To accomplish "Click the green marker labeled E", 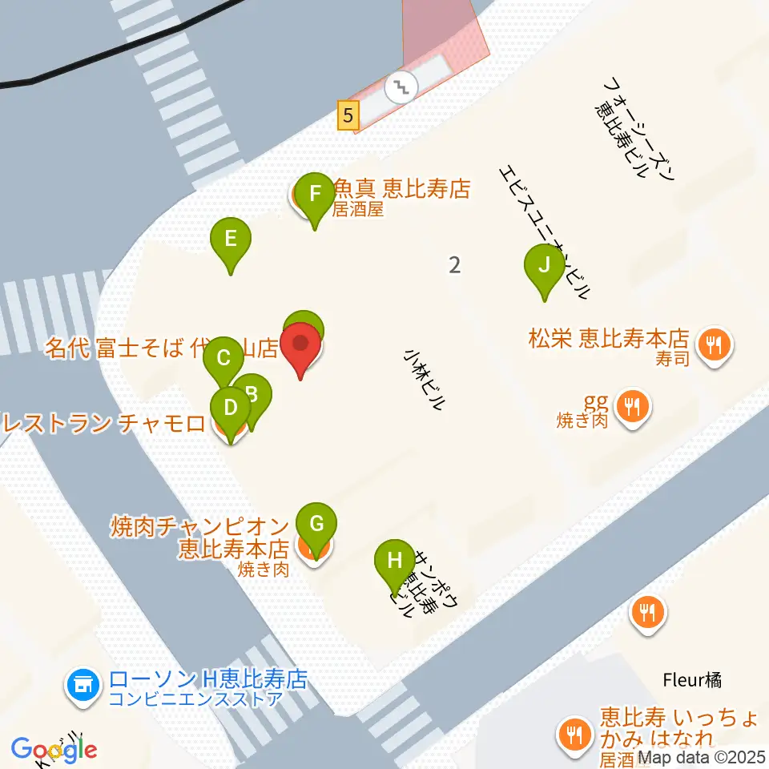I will click(231, 240).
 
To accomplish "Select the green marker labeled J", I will click(545, 265).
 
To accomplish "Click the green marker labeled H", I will click(394, 560).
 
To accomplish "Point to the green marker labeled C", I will click(223, 358).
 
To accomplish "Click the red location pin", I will click(301, 345).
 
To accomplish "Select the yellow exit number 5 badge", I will click(347, 115).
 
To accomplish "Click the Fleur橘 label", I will click(692, 681).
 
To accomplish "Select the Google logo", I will click(54, 748).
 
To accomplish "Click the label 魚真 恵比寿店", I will click(401, 189).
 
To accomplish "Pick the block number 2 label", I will click(455, 264).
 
